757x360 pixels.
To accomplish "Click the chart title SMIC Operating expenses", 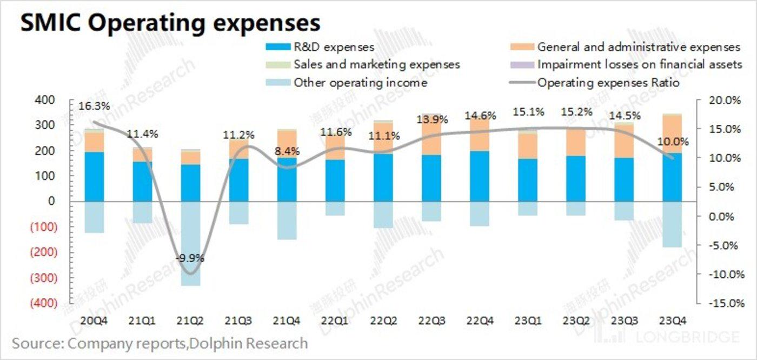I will (170, 23).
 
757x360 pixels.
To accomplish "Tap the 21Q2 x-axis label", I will (190, 321).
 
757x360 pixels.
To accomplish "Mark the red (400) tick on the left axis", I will (44, 303).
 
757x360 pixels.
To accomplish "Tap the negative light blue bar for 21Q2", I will (191, 243).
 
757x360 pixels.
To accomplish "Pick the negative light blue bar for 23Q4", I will (673, 224).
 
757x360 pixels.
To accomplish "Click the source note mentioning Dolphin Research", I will (160, 343).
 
